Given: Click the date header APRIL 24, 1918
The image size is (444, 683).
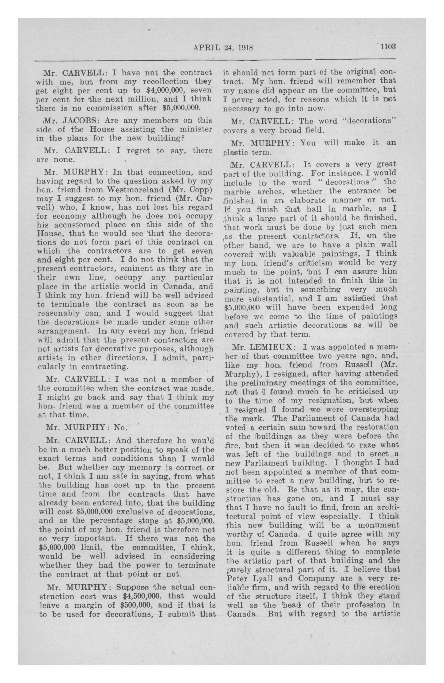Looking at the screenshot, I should tap(223, 47).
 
